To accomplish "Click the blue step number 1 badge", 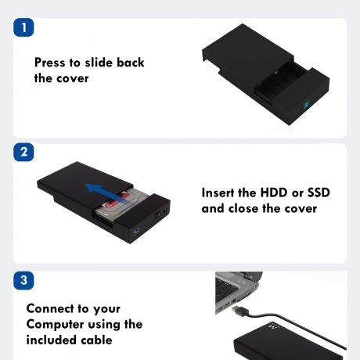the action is pos(23,27).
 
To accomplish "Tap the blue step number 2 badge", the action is pos(23,152).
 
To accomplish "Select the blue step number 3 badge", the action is pos(23,280).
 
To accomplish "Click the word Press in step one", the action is pos(50,63).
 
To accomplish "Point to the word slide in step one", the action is pos(99,63).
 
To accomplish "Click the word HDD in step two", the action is pos(274,193).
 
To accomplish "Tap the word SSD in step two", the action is pos(319,193).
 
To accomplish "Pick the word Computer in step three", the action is pos(55,325).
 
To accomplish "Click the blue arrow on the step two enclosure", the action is pos(106,193).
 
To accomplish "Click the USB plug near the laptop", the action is pos(240,311).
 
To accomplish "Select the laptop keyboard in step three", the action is pos(225,289).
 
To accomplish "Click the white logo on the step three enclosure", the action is pos(273,326).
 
